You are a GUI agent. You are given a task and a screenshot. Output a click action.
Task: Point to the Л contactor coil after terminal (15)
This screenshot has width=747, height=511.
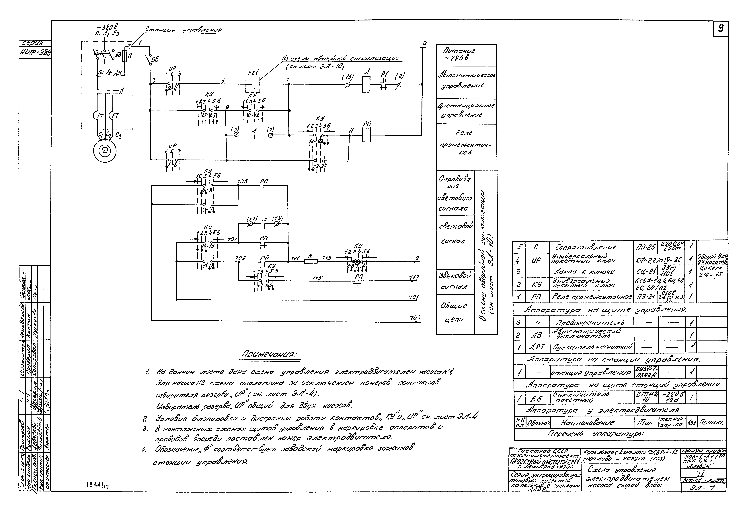point(366,84)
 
